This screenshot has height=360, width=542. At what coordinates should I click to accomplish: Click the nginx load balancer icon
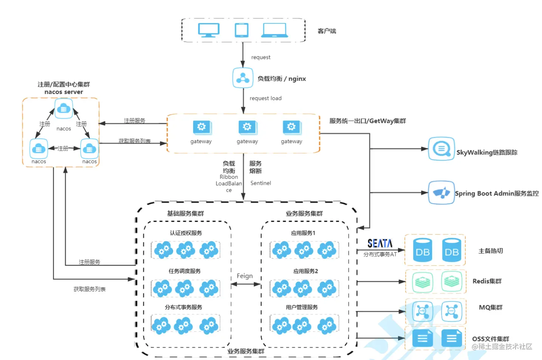[243, 78]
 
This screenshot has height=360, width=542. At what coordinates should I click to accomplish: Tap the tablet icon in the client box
[242, 30]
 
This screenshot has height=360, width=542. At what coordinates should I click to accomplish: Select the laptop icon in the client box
[274, 30]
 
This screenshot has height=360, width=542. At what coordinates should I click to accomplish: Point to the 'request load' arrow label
[265, 98]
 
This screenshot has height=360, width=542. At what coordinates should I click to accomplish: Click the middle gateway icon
[247, 127]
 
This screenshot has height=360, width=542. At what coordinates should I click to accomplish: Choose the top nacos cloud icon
[63, 109]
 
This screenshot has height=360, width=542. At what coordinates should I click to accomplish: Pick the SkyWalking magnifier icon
[441, 149]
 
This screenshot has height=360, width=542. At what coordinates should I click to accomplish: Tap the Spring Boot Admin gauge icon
[441, 192]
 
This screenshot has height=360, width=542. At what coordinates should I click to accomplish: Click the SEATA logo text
[380, 244]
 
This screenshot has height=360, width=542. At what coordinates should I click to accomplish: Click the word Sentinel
[260, 183]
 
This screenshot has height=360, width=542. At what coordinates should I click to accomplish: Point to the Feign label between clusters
[245, 276]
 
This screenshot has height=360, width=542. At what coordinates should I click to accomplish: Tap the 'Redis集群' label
[487, 281]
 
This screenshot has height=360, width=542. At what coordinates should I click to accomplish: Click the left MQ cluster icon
[422, 311]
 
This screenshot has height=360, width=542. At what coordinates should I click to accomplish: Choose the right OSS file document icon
[452, 338]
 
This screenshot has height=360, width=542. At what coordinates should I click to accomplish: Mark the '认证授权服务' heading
[186, 233]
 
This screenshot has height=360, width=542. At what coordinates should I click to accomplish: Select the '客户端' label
[327, 31]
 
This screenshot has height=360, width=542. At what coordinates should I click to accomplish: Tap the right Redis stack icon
[452, 281]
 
